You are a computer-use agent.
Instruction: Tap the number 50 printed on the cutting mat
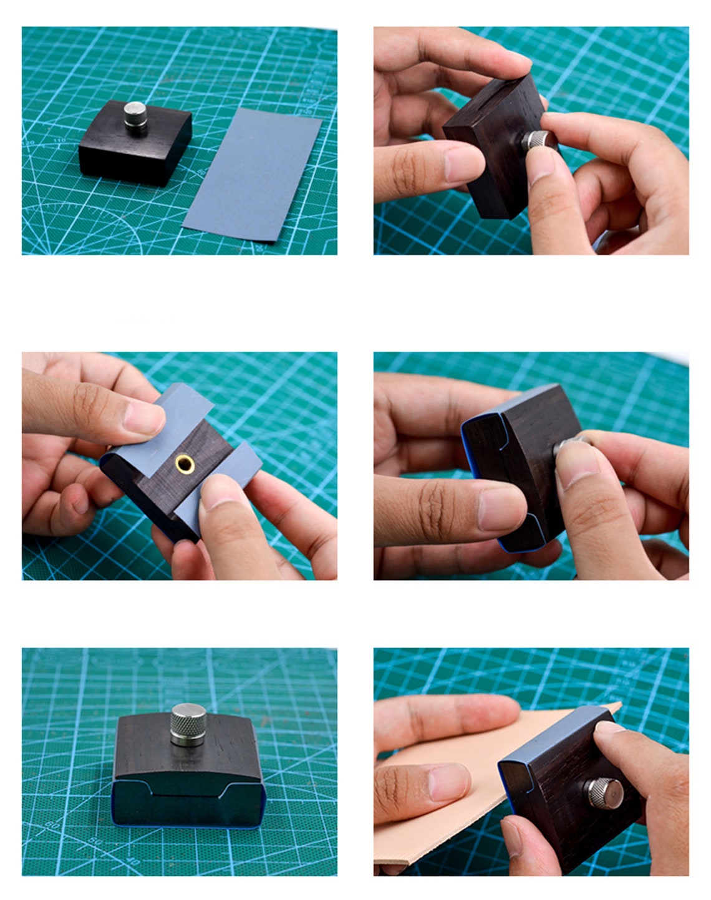click(x=95, y=841)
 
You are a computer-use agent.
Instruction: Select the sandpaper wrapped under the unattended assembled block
click(x=187, y=805)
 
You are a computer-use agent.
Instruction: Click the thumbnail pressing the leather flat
click(x=449, y=780)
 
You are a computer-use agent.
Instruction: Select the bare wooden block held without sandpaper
click(x=486, y=143)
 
